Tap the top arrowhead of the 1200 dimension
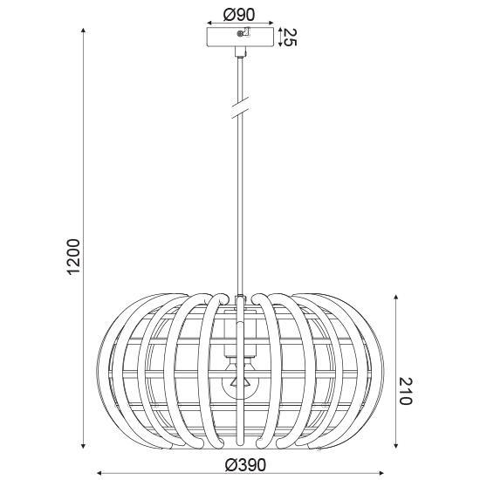click(x=83, y=30)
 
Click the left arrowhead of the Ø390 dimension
click(x=98, y=472)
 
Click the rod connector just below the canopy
click(x=238, y=55)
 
